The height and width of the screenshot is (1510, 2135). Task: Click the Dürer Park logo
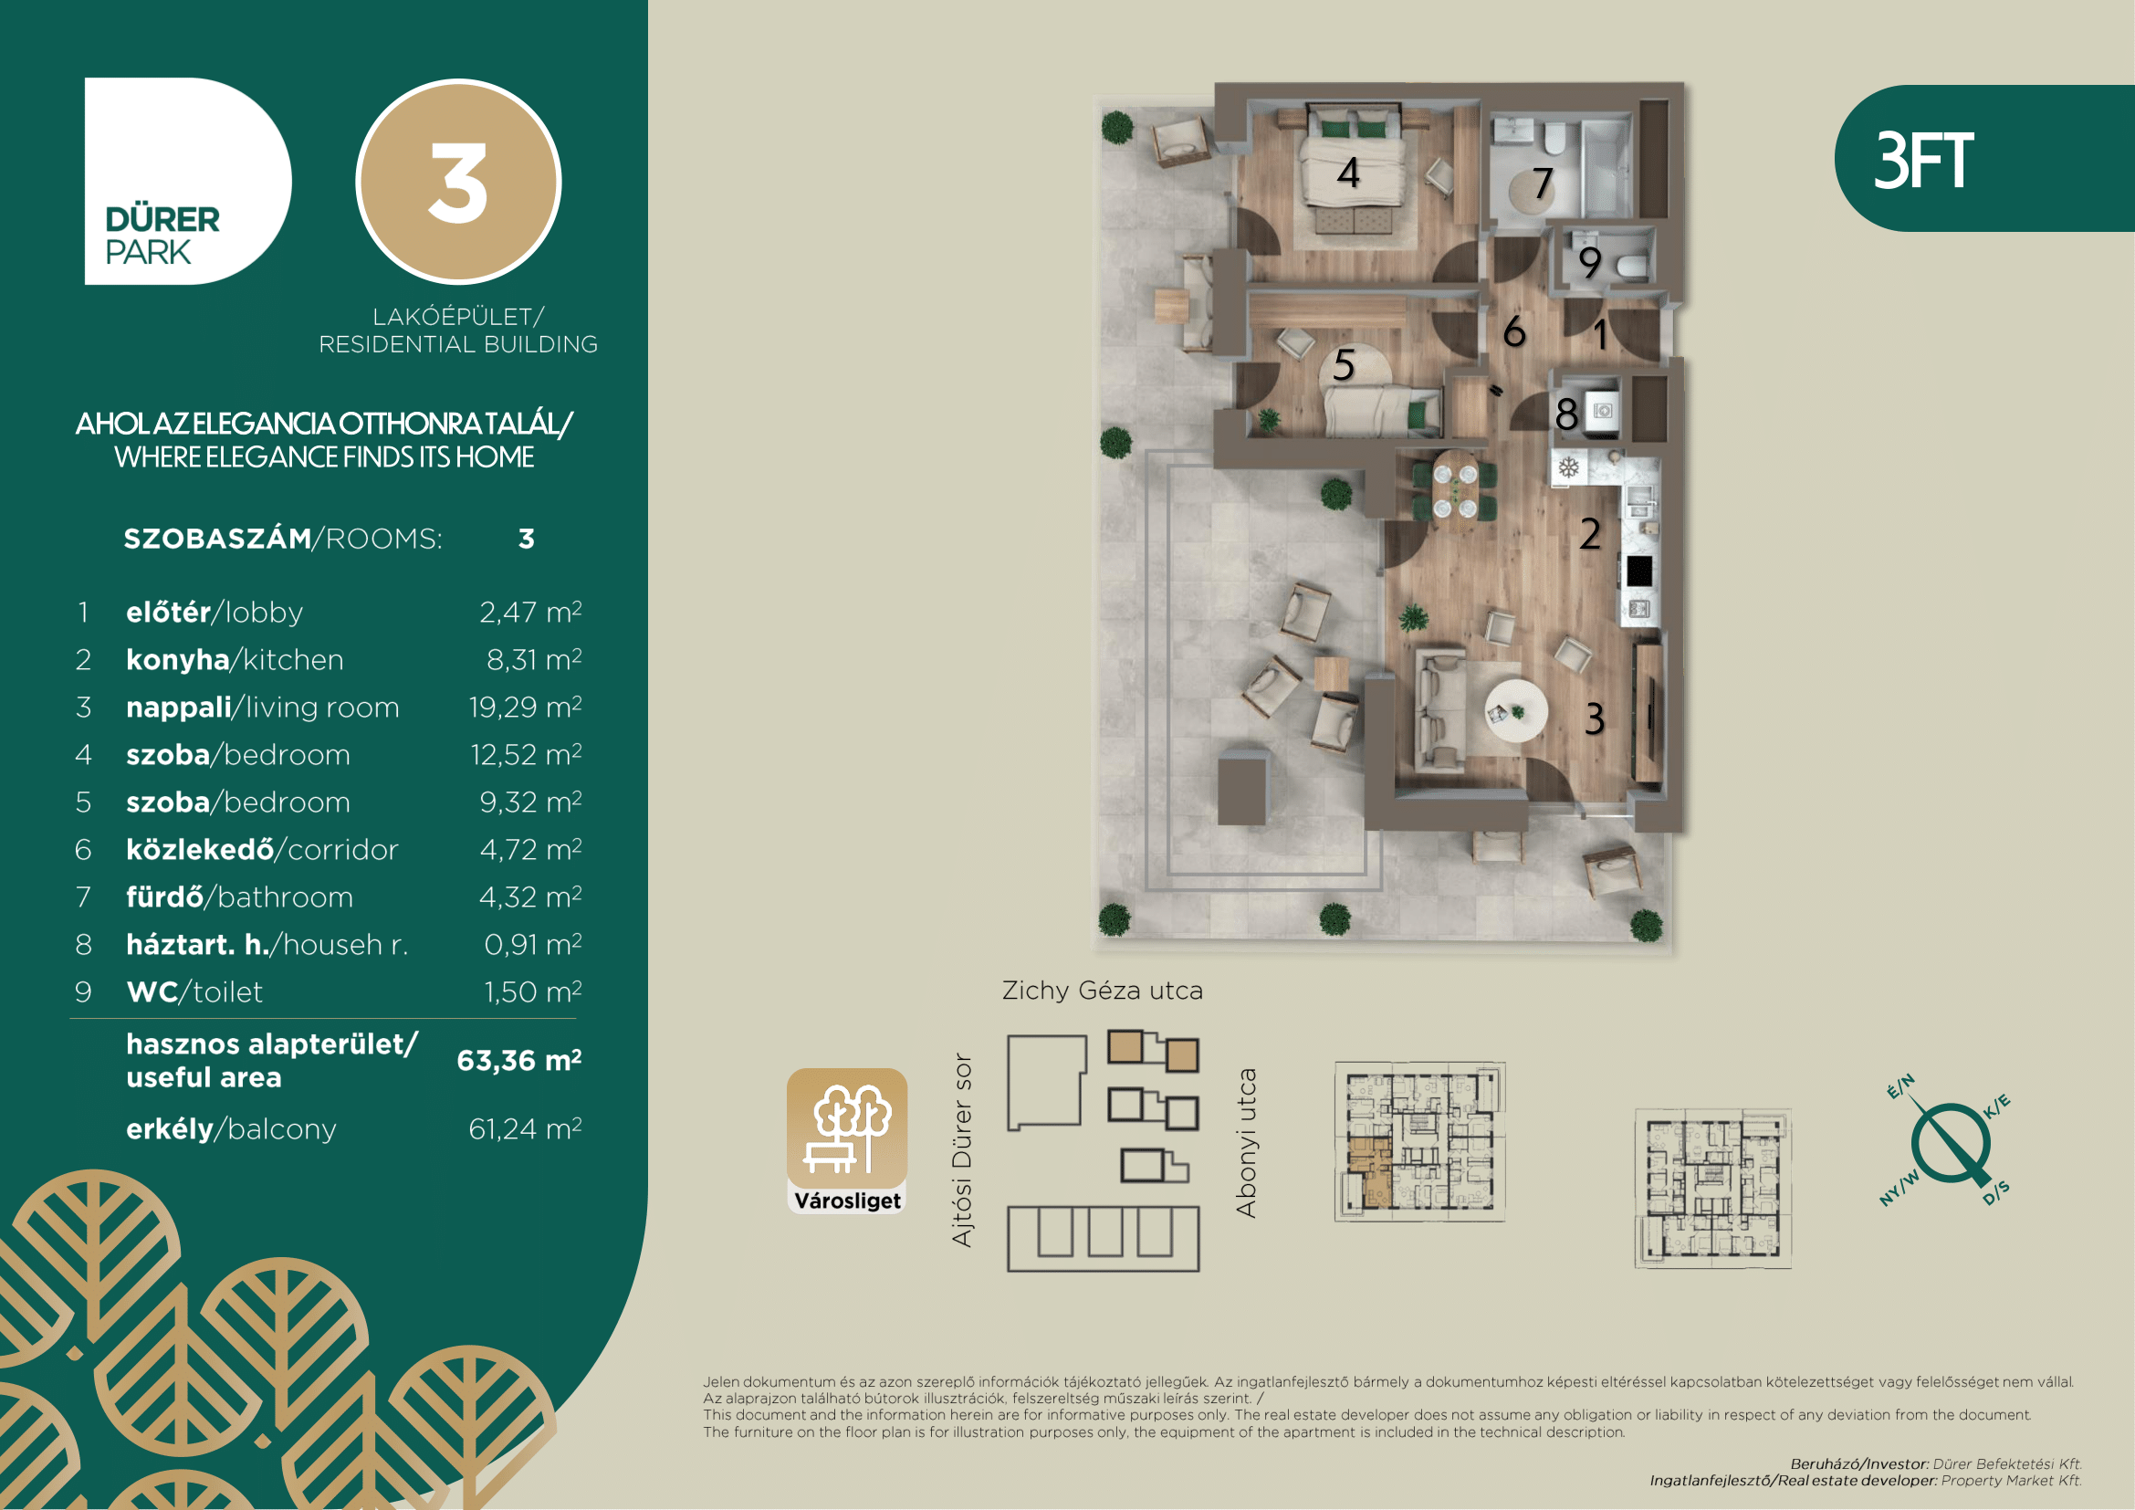coord(188,181)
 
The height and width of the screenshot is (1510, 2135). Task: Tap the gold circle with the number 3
coord(458,182)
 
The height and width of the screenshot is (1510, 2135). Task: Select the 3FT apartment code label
coord(1923,160)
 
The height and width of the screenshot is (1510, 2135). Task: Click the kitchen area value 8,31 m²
coord(534,659)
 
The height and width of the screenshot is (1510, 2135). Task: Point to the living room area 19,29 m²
coord(526,707)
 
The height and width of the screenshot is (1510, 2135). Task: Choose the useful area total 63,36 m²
coord(518,1060)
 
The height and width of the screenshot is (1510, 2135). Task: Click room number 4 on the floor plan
coord(1348,173)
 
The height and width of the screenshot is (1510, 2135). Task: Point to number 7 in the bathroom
coord(1543,184)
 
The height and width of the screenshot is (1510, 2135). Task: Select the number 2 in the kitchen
coord(1590,534)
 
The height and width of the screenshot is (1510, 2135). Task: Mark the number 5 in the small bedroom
coord(1344,364)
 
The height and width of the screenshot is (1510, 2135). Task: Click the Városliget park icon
coord(847,1141)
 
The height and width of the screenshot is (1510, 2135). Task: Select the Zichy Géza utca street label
coord(1102,991)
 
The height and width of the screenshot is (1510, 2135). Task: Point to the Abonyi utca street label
coord(1246,1143)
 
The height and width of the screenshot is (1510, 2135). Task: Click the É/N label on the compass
coord(1900,1086)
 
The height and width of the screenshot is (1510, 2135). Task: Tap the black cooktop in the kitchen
coord(1638,570)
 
